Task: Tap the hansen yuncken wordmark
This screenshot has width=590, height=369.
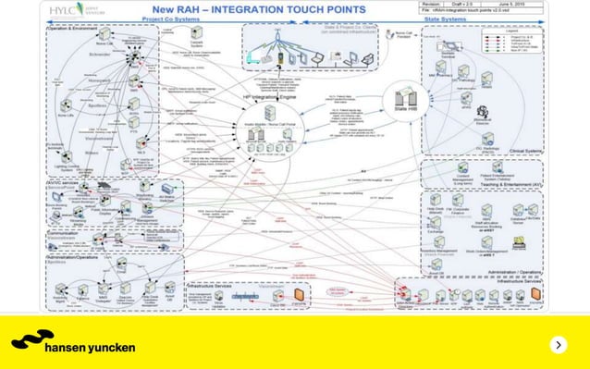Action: click(x=90, y=348)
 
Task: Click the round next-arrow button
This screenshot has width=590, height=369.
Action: click(x=558, y=345)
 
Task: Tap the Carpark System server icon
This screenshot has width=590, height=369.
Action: click(x=196, y=33)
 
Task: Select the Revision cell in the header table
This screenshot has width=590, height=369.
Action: click(x=432, y=4)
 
